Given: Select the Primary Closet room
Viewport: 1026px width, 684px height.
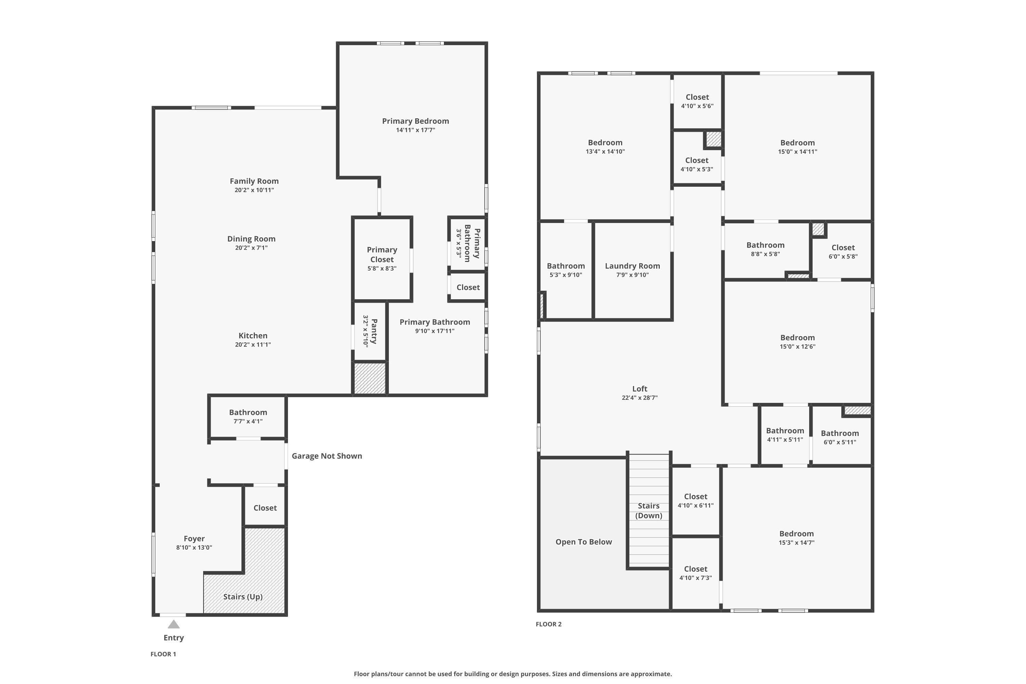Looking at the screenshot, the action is pyautogui.click(x=382, y=259).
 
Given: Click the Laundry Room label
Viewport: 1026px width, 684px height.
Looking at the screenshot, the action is pyautogui.click(x=632, y=266).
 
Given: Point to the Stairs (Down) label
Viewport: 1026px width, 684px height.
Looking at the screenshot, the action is pyautogui.click(x=649, y=510).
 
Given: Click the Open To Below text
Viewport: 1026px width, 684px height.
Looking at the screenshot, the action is pyautogui.click(x=584, y=542).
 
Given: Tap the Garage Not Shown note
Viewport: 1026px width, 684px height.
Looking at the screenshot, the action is pyautogui.click(x=327, y=456).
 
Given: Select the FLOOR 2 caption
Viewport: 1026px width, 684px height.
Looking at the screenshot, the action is pyautogui.click(x=549, y=624).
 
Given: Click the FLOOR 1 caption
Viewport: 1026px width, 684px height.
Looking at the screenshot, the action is pyautogui.click(x=163, y=654).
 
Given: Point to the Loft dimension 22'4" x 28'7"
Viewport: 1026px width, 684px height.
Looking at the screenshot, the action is pyautogui.click(x=640, y=397).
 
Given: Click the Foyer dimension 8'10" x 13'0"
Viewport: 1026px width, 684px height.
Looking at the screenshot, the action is pyautogui.click(x=194, y=548).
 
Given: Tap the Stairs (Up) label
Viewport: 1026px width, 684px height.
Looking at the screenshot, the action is pyautogui.click(x=243, y=597).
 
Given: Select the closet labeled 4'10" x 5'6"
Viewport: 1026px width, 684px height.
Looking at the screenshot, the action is pyautogui.click(x=697, y=102).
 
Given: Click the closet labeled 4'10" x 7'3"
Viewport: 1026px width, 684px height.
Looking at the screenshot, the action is pyautogui.click(x=695, y=573).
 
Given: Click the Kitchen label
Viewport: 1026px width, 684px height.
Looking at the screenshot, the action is pyautogui.click(x=253, y=336).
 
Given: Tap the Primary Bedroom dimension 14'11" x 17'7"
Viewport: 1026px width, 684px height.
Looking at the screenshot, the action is pyautogui.click(x=416, y=130).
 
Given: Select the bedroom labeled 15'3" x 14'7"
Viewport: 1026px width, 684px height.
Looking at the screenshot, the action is pyautogui.click(x=797, y=538).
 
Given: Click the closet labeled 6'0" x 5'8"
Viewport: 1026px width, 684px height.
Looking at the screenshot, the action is pyautogui.click(x=843, y=252).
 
